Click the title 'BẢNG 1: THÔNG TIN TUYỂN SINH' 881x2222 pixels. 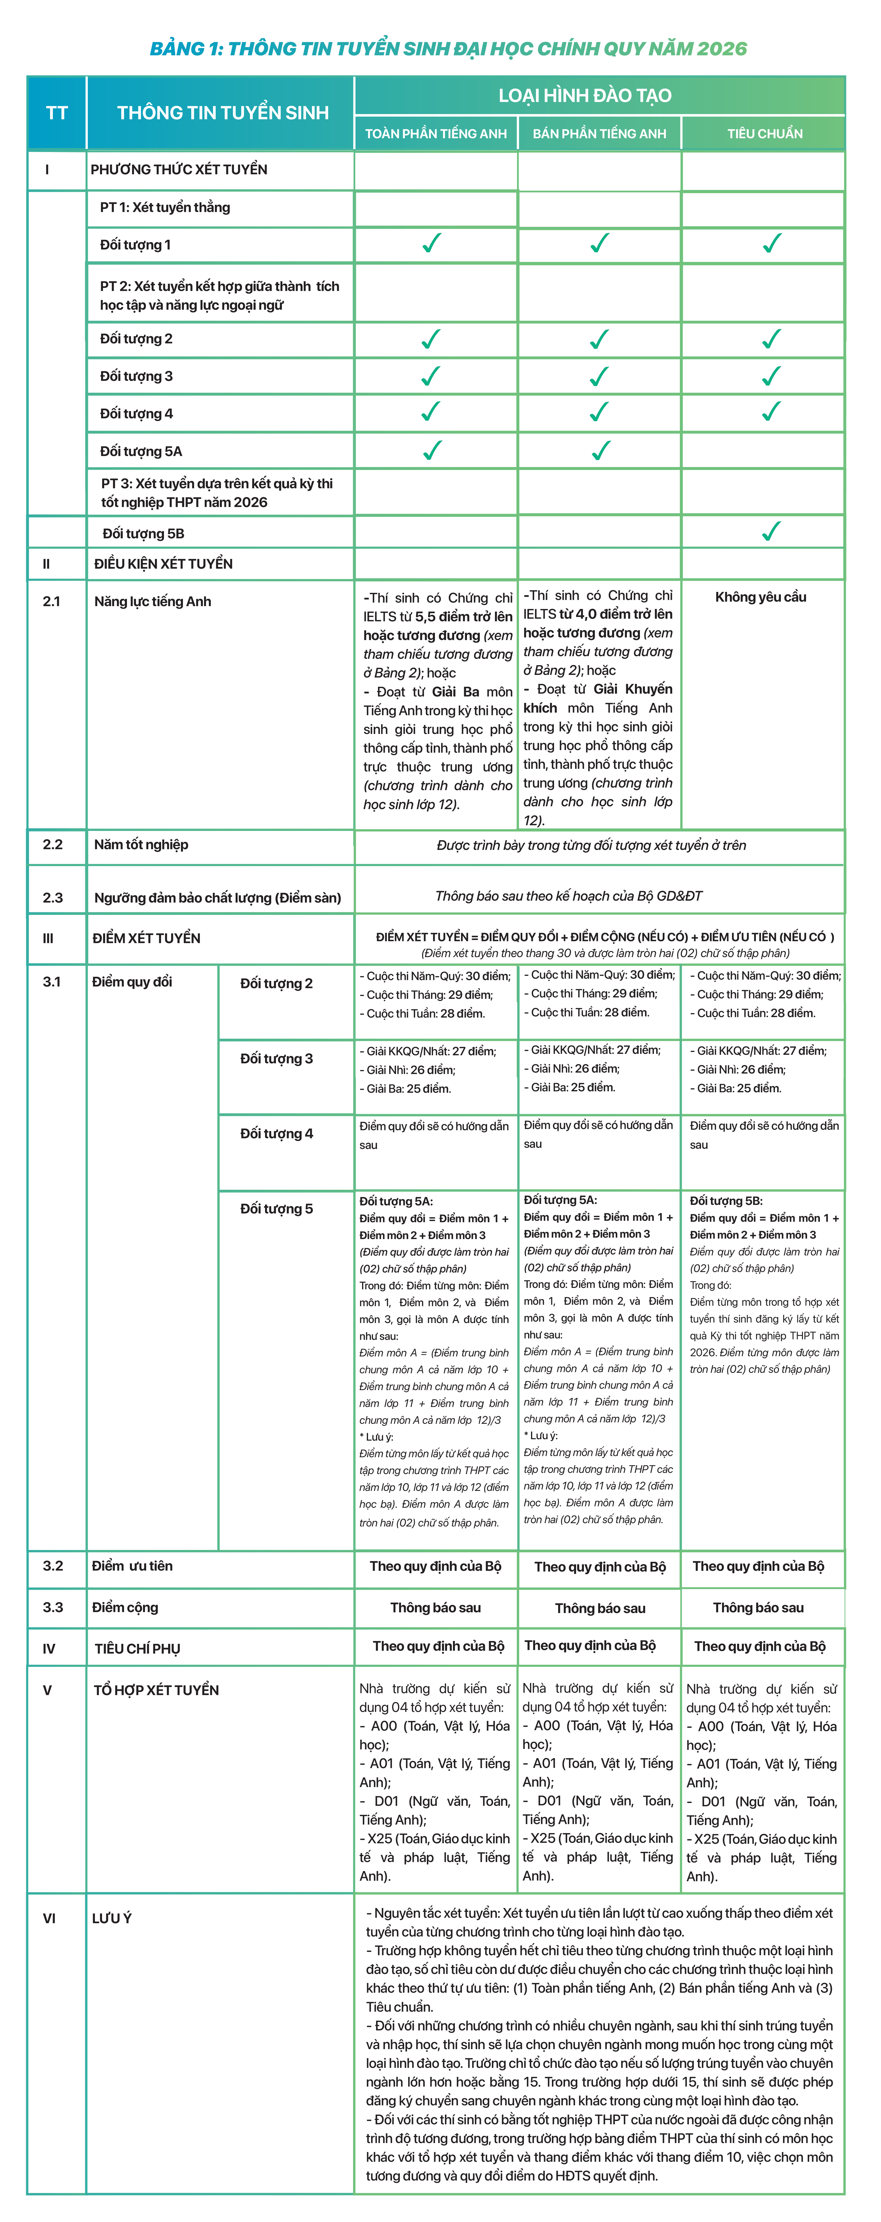tap(448, 48)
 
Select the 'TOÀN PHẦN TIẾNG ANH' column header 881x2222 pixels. tap(436, 134)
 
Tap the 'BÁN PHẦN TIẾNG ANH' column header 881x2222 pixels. tap(600, 134)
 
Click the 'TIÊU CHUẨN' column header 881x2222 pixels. tap(764, 134)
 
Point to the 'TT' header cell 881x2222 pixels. tap(57, 113)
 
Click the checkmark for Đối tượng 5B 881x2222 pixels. tap(771, 531)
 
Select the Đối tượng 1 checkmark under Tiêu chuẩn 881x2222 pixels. tap(771, 244)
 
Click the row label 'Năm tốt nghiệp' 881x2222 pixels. tap(141, 844)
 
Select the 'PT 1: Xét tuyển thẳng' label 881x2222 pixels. tap(165, 207)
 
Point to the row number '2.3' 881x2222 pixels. tap(53, 897)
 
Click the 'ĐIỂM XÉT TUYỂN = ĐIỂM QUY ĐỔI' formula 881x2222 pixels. tap(604, 937)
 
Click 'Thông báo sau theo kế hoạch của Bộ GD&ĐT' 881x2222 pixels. tap(569, 896)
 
